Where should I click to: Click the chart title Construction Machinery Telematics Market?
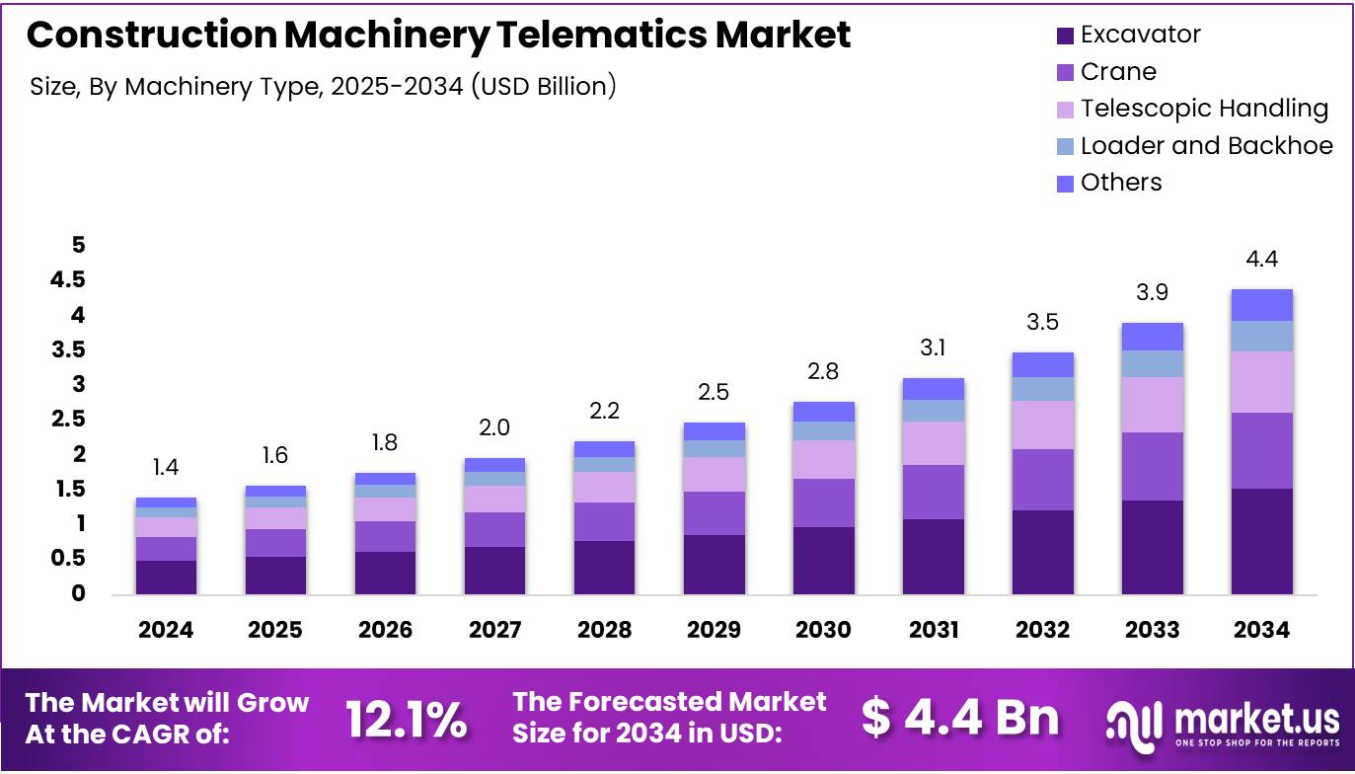(438, 36)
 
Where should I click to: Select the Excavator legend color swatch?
(1065, 36)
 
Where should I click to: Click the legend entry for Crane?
(1117, 72)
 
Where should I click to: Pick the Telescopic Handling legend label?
(1204, 109)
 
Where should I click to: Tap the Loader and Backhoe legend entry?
(1206, 146)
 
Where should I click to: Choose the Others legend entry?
(1120, 183)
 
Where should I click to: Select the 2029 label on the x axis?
(714, 630)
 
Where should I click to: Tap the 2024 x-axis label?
(166, 630)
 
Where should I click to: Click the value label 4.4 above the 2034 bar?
(1261, 260)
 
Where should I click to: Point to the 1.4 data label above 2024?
(166, 467)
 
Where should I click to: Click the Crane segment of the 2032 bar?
(1043, 480)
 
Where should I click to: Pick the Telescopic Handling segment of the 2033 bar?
(1153, 405)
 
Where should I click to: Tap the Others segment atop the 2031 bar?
(934, 389)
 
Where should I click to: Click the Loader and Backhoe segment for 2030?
(823, 430)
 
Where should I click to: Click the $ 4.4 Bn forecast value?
(959, 719)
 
